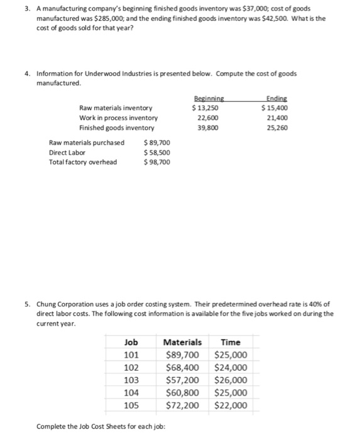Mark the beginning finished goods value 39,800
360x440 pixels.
[207, 128]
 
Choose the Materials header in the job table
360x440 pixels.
[182, 343]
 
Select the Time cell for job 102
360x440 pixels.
[231, 368]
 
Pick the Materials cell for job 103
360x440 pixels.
[182, 380]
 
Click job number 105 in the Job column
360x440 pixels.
[131, 405]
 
